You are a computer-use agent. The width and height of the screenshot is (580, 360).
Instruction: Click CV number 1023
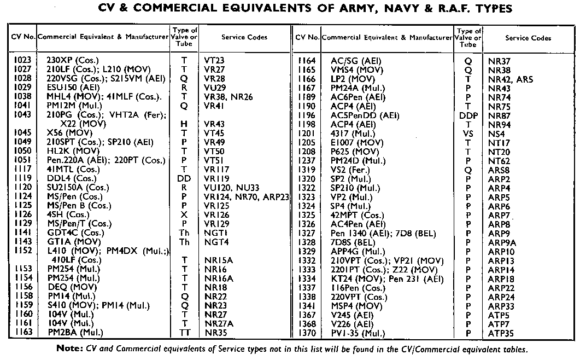coord(23,59)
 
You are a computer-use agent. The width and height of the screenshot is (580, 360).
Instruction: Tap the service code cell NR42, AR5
coord(510,79)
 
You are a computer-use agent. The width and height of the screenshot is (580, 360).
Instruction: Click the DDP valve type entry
coord(468,115)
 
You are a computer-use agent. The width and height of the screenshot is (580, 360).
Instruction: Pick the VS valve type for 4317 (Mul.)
coord(468,133)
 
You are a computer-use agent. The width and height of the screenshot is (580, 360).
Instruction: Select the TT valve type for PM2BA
coord(184,332)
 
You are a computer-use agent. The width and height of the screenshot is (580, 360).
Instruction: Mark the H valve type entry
coord(184,125)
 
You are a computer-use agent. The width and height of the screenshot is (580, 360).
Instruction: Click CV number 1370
coord(307,333)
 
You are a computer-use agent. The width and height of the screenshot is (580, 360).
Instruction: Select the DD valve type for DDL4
coord(184,178)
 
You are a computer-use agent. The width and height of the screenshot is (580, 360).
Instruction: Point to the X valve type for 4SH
coord(184,214)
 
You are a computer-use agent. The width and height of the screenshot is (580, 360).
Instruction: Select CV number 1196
coord(307,115)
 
